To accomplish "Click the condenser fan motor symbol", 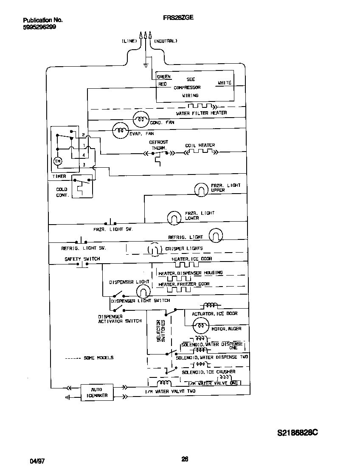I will click(x=141, y=120).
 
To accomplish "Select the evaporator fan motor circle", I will click(x=120, y=131).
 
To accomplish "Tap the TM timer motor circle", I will click(x=57, y=161).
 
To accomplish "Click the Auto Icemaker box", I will click(x=97, y=392).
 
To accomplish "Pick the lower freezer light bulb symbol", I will click(x=174, y=217).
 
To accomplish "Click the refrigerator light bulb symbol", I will click(x=216, y=235).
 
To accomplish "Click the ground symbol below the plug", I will click(x=146, y=65).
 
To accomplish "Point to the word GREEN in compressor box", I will click(x=164, y=77).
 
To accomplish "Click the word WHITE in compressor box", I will click(x=224, y=83).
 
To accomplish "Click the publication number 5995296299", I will click(x=39, y=27).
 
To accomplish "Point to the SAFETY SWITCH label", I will click(x=82, y=259).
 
